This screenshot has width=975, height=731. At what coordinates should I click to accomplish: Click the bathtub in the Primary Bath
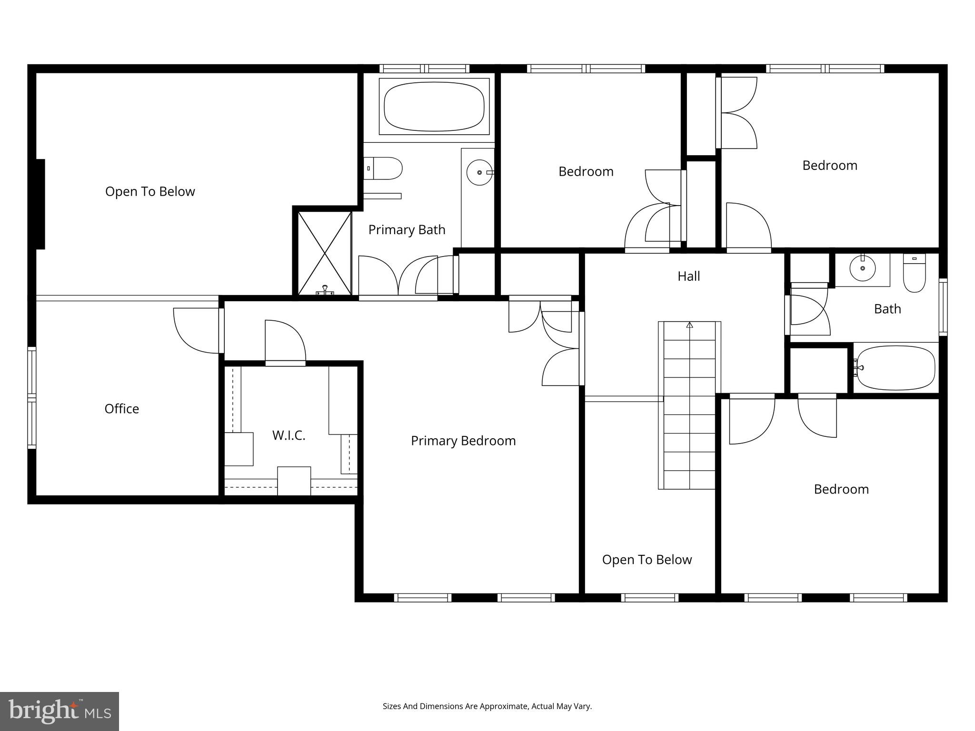point(434,107)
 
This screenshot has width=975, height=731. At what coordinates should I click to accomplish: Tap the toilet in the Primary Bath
point(385,168)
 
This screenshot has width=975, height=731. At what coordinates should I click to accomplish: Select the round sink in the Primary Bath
point(479,172)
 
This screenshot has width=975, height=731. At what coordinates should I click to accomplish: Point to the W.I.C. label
point(289,435)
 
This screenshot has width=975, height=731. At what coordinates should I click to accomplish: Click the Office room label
point(122,409)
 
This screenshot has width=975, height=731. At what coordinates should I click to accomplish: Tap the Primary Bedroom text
point(463,441)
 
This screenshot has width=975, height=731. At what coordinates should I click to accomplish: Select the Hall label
point(688,276)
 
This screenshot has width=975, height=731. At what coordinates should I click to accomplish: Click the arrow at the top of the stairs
point(689,325)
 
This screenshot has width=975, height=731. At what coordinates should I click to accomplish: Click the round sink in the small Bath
point(863,268)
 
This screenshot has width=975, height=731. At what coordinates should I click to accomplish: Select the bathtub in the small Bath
point(895,368)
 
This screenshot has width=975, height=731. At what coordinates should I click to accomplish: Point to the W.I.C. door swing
point(285,341)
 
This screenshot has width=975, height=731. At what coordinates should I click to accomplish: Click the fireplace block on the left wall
point(40,204)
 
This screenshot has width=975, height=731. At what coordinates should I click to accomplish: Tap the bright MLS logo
point(60,711)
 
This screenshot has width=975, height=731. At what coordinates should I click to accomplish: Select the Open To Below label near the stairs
point(647,560)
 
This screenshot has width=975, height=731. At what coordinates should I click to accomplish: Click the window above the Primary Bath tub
point(425,69)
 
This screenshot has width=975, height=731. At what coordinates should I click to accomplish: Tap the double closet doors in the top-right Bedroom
point(737,113)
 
